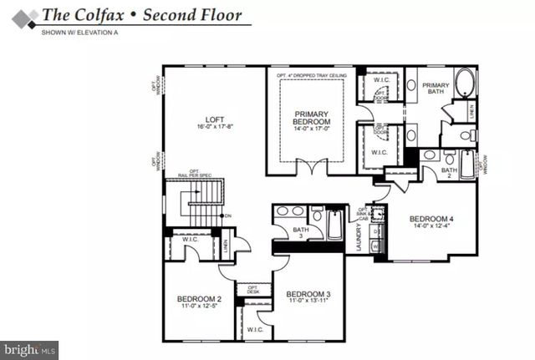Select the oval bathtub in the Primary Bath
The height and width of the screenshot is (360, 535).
(464, 84)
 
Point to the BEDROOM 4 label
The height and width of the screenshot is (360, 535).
(429, 221)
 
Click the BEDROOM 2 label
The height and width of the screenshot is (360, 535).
(198, 299)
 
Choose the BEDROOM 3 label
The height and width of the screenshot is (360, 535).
(308, 294)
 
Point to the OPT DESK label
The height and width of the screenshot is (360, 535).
(253, 290)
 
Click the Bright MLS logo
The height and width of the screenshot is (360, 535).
(29, 347)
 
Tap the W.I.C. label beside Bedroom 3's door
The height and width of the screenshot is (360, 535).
(256, 331)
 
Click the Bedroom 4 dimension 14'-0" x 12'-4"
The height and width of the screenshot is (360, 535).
(429, 228)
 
